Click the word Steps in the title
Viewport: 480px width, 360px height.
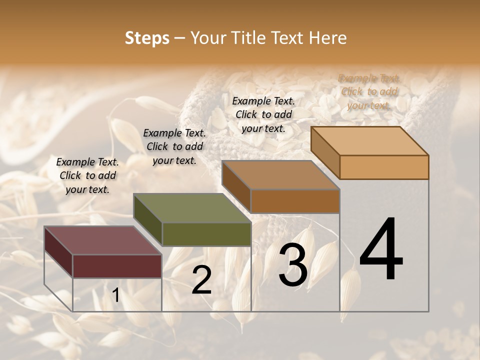pos(147,38)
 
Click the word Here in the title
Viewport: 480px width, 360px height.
pos(328,38)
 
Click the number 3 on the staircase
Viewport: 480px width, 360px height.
pos(293,265)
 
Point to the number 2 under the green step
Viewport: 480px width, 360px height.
pos(201,280)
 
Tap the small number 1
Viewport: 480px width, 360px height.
pos(115,295)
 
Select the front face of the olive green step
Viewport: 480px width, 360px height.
pos(206,234)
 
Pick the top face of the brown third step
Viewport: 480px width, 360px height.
pos(280,175)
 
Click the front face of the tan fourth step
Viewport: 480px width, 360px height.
pos(384,167)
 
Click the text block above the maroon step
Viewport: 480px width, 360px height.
pos(87,175)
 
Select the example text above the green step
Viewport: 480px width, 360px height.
pos(174,146)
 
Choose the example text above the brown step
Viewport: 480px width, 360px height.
pos(263,114)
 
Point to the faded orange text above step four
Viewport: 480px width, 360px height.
pos(369,91)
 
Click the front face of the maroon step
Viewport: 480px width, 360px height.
pos(117,266)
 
